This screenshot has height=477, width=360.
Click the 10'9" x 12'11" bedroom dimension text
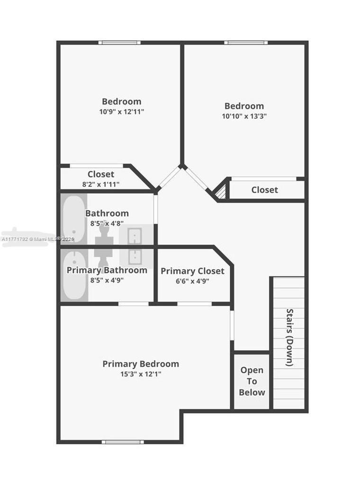[x=122, y=112]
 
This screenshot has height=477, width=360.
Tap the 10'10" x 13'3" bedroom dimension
[x=244, y=116]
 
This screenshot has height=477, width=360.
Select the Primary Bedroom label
[x=141, y=364]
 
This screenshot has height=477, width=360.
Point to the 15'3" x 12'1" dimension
[x=141, y=374]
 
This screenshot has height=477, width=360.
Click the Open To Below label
[x=252, y=381]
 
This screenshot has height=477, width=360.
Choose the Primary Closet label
[x=192, y=271]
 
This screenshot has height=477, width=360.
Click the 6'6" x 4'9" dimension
[x=192, y=281]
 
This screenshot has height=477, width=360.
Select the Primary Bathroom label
[x=107, y=270]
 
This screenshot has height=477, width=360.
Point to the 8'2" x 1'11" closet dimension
[x=101, y=185]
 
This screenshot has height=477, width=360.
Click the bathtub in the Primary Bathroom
[x=74, y=275]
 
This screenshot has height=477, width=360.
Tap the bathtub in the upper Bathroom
[x=74, y=219]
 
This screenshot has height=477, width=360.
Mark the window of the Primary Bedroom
[x=123, y=442]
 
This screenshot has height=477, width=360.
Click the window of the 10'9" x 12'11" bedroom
[x=119, y=43]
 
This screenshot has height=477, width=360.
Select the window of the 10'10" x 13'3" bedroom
[x=246, y=43]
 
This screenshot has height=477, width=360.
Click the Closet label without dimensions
[x=265, y=190]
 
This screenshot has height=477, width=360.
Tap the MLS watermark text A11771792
[x=15, y=239]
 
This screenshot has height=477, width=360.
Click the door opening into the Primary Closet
[x=194, y=304]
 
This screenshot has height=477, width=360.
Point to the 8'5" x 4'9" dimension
[x=107, y=280]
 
